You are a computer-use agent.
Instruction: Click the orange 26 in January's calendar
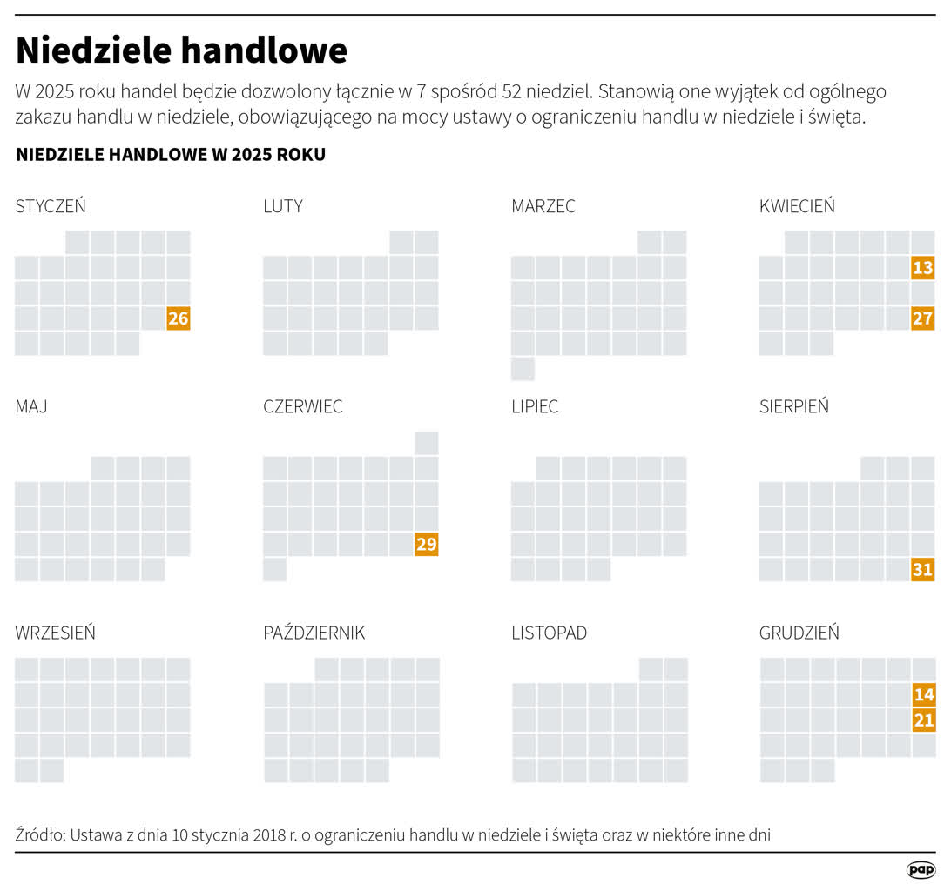pos(179,318)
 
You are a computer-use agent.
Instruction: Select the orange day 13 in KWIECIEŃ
pos(922,268)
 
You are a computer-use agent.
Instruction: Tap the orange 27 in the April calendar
pos(922,318)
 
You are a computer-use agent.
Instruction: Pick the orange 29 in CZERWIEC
pos(427,545)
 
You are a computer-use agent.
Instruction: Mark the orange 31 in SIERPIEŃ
pos(922,570)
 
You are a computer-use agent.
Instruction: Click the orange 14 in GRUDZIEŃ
pos(923,694)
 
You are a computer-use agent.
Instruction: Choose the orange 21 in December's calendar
pos(923,720)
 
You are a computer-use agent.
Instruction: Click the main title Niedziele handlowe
pos(181,50)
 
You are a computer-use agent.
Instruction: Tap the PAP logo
pos(921,870)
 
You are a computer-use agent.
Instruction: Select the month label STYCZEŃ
pos(51,206)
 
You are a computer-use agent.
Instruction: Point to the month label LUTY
pos(283,206)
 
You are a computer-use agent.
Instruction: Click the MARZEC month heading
pos(543,206)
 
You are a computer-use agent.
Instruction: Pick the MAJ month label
pos(31,406)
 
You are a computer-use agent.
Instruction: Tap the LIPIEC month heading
pos(535,406)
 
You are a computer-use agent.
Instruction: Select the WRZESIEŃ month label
pos(56,633)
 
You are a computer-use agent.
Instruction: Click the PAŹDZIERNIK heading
pos(314,633)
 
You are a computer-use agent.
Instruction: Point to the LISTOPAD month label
pos(549,633)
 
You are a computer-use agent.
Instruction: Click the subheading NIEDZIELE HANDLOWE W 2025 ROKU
pos(171,155)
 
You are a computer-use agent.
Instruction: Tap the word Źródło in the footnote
pos(40,835)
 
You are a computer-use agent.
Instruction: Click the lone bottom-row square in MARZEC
pos(523,369)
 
